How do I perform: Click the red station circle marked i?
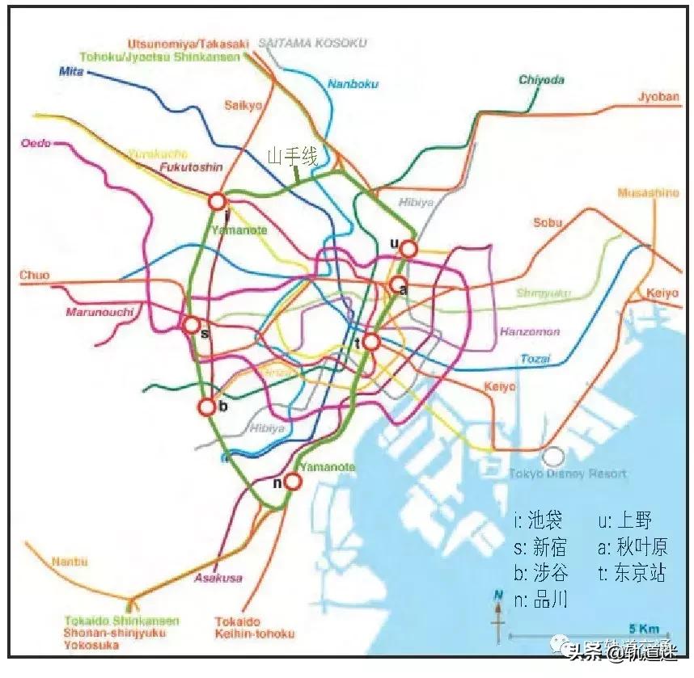217,201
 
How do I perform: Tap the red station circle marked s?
192,325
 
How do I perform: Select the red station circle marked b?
207,407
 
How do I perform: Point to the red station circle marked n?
293,482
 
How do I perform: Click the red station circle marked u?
409,249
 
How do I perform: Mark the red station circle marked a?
398,284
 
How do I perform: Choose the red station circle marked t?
370,342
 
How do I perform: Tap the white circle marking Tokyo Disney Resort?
553,456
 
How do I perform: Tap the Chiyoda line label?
541,80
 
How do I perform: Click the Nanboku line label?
353,83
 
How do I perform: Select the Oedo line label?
36,143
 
